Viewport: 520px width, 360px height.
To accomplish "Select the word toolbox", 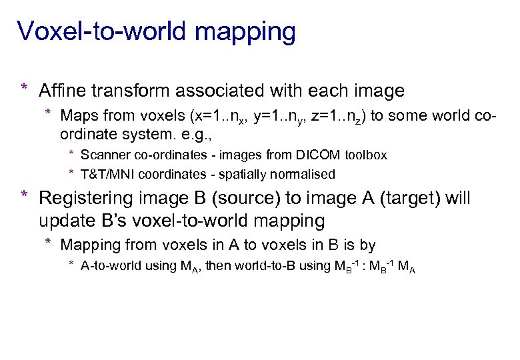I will (x=365, y=155).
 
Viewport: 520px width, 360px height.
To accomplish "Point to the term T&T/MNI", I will (x=107, y=174).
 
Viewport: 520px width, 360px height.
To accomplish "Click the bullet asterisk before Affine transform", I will (x=24, y=88).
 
